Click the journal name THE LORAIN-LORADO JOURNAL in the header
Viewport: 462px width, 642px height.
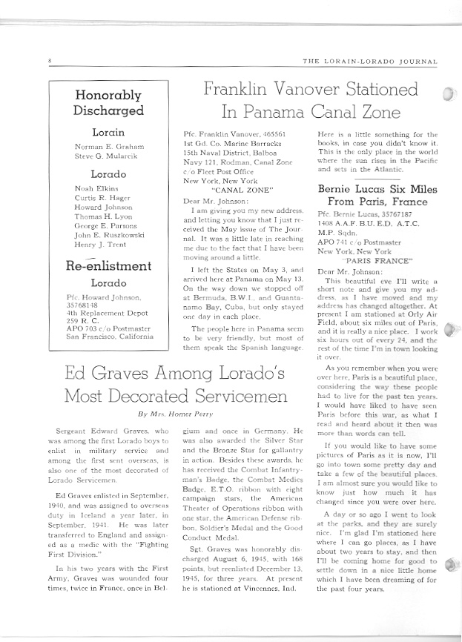[372, 62]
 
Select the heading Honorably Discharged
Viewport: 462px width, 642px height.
[108, 103]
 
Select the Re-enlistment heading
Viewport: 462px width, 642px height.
[108, 266]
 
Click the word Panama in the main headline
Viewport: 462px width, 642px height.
[260, 113]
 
